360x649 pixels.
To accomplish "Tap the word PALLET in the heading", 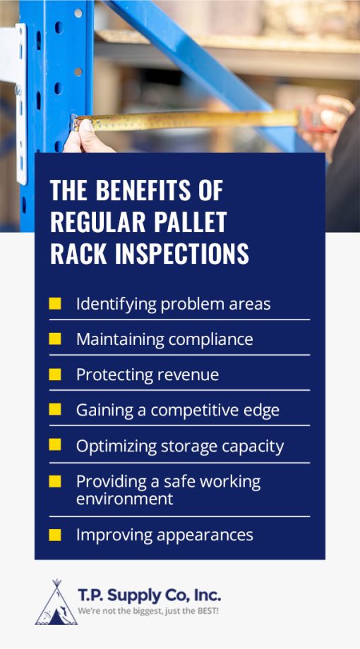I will coord(188,222).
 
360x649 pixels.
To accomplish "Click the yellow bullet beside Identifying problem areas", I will coord(54,304).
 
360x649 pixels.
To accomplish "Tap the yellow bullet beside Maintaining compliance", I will coord(54,339).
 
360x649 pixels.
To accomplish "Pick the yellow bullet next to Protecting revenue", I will coord(54,375).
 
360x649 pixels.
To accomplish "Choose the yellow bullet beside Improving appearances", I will coord(54,535).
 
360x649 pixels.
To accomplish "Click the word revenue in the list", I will coord(188,375).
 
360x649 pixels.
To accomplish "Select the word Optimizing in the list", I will coord(114,446).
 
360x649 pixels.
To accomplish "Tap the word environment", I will coord(124,499).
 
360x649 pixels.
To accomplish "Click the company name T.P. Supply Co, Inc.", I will coord(150,595).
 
